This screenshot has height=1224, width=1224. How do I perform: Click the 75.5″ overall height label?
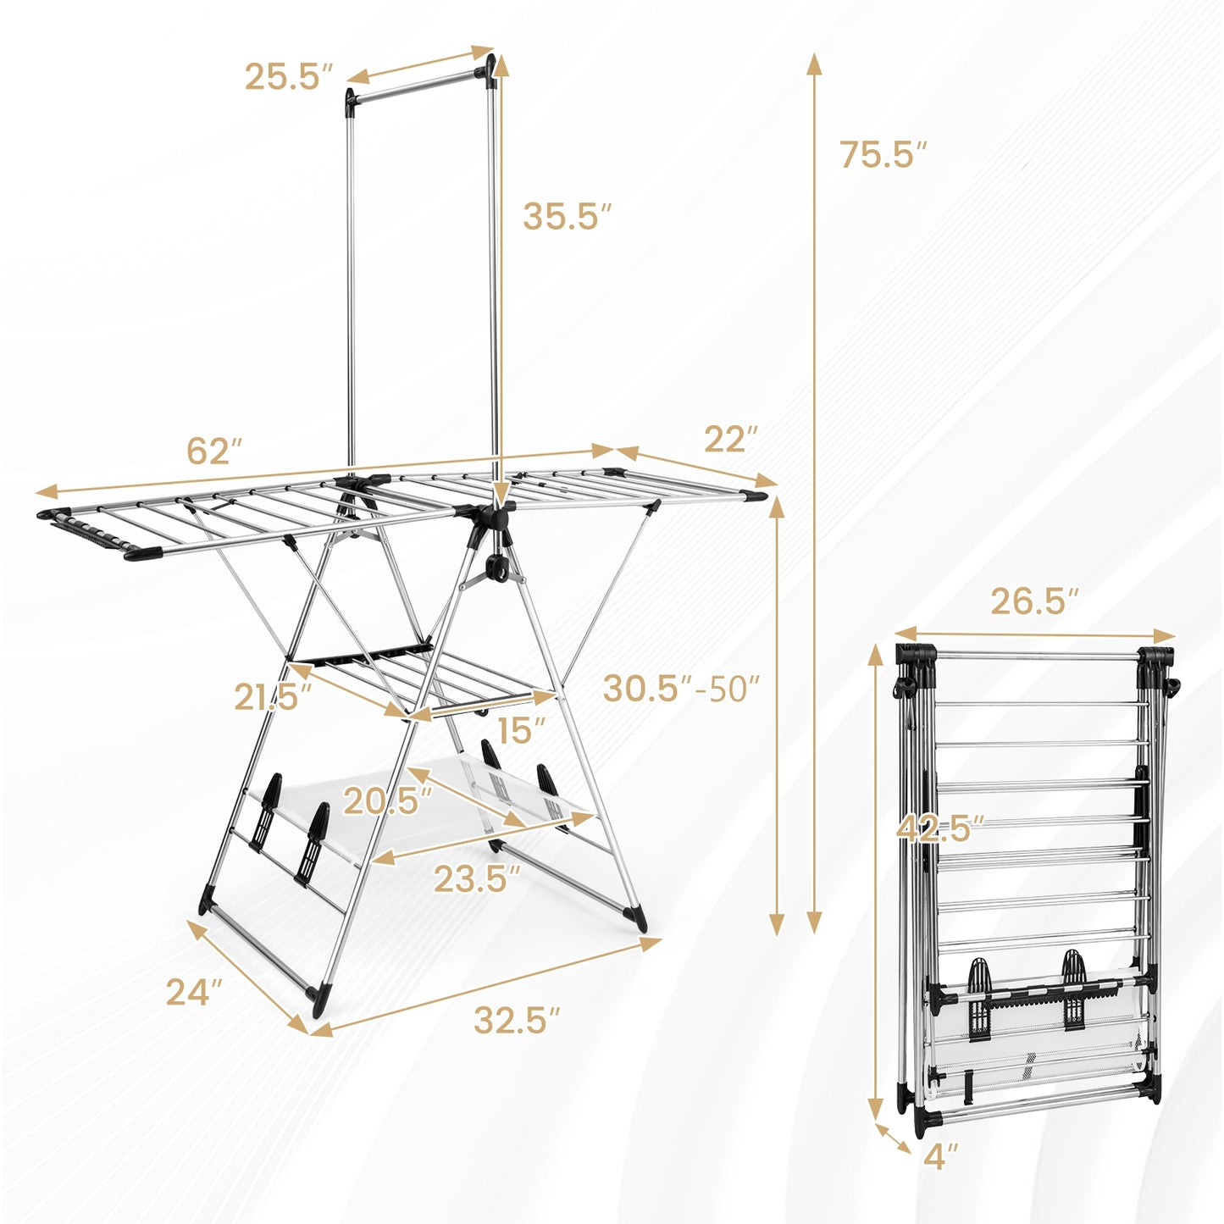click(x=883, y=155)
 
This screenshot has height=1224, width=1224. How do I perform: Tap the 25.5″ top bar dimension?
click(x=285, y=77)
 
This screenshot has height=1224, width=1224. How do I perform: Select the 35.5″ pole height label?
click(x=566, y=216)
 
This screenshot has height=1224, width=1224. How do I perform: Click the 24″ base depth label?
click(x=194, y=992)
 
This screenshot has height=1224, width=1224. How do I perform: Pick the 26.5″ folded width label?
click(x=1034, y=602)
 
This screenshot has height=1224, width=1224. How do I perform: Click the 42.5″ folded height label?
click(x=940, y=828)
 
